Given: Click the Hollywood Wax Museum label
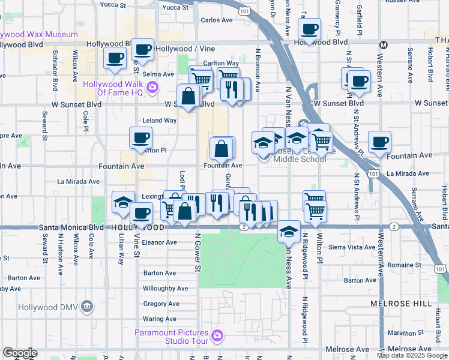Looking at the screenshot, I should pyautogui.click(x=39, y=35).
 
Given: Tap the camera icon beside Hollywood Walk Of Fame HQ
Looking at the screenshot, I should pyautogui.click(x=152, y=88).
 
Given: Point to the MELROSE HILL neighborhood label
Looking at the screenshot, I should pyautogui.click(x=401, y=304).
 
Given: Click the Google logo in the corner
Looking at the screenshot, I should pyautogui.click(x=20, y=353).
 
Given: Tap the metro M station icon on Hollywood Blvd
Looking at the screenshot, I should pyautogui.click(x=383, y=44).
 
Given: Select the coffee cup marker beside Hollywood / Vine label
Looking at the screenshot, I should pyautogui.click(x=142, y=49).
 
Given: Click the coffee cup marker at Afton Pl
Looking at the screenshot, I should pyautogui.click(x=140, y=138).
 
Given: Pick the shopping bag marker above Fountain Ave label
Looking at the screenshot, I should pyautogui.click(x=221, y=148).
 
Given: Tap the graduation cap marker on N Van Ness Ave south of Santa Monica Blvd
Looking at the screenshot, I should pyautogui.click(x=289, y=231).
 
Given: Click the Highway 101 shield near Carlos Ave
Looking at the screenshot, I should pyautogui.click(x=244, y=11).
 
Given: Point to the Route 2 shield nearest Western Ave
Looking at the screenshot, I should pyautogui.click(x=393, y=227).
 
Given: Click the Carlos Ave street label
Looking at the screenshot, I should pyautogui.click(x=216, y=20).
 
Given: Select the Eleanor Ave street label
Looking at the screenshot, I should pyautogui.click(x=160, y=243).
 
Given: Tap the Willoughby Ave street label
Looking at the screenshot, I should pyautogui.click(x=165, y=289).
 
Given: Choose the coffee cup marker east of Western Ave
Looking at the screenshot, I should pyautogui.click(x=379, y=142).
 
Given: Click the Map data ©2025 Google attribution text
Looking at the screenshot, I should pyautogui.click(x=412, y=355).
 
